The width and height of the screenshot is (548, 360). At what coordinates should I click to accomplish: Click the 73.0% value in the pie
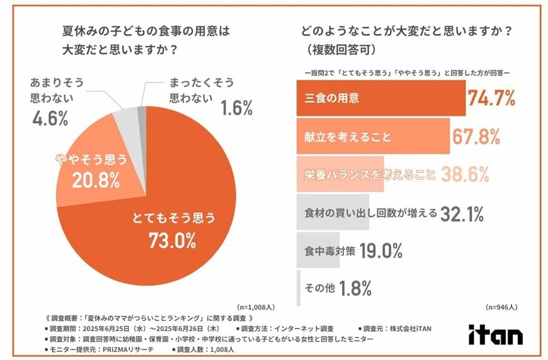(x=172, y=240)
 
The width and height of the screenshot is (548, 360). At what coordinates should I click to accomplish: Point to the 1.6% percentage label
(x=237, y=108)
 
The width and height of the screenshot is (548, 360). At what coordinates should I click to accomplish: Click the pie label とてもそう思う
(x=173, y=218)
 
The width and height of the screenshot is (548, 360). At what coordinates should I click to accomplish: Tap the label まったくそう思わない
(x=201, y=90)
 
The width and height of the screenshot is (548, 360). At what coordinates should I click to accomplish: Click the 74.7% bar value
(x=491, y=98)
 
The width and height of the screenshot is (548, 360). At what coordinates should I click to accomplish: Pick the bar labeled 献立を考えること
(x=372, y=137)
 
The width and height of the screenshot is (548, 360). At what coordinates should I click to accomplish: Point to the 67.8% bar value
(x=476, y=137)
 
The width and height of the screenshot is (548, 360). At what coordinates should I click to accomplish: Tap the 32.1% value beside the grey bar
(x=462, y=213)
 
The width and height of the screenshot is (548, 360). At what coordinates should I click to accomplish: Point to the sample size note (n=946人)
(x=501, y=308)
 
